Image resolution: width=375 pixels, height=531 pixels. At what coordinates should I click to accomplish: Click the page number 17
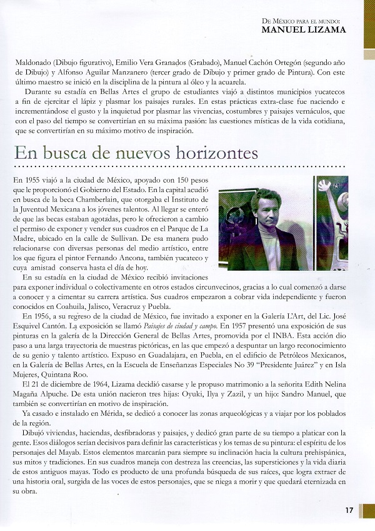349,510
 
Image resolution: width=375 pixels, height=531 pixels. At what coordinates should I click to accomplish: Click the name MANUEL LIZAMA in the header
303,28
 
